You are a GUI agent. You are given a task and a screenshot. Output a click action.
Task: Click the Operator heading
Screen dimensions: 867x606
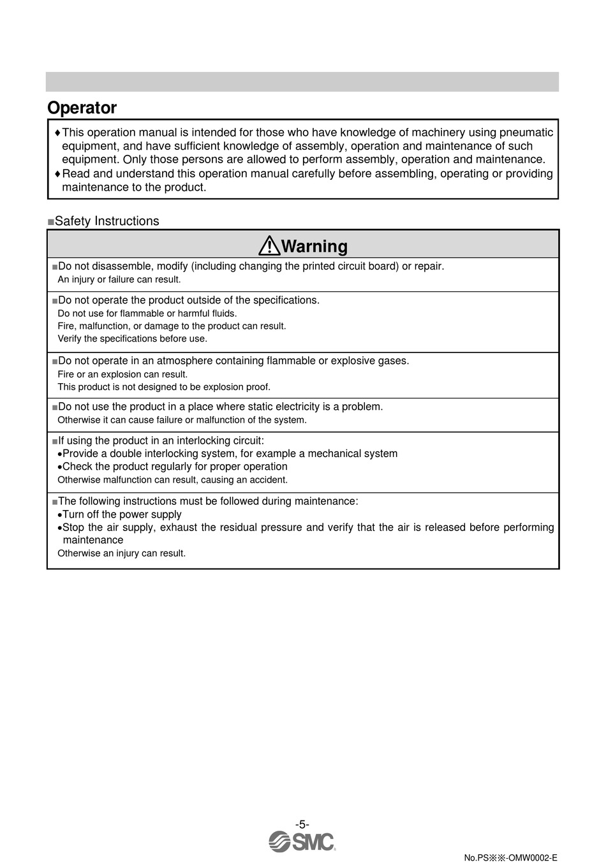pos(82,108)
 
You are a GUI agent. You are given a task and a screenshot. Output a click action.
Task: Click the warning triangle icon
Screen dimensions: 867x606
pos(269,245)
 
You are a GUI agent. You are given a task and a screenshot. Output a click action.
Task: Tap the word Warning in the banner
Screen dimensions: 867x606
pos(314,246)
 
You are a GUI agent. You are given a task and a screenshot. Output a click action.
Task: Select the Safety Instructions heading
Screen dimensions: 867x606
pos(107,221)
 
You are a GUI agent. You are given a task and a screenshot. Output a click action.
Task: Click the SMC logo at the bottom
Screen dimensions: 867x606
pos(302,841)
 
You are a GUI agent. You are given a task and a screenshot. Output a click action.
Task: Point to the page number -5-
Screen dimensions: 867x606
pos(302,824)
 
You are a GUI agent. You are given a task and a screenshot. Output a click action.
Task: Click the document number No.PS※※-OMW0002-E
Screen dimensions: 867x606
pos(510,857)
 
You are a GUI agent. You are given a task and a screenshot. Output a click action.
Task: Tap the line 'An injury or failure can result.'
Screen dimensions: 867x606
pos(119,279)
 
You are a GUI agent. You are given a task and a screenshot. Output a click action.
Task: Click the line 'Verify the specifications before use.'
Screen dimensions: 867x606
pos(132,339)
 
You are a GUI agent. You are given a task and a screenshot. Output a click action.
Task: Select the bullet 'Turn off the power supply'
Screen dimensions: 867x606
pos(122,514)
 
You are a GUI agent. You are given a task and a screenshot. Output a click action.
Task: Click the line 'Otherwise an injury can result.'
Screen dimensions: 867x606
pos(121,553)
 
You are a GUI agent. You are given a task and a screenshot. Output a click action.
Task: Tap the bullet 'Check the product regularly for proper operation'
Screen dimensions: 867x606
pos(175,467)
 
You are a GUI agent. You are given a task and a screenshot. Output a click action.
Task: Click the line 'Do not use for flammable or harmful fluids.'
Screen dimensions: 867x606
pos(147,313)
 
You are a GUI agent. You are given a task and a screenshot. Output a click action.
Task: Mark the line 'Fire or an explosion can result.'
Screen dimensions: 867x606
pos(122,374)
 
